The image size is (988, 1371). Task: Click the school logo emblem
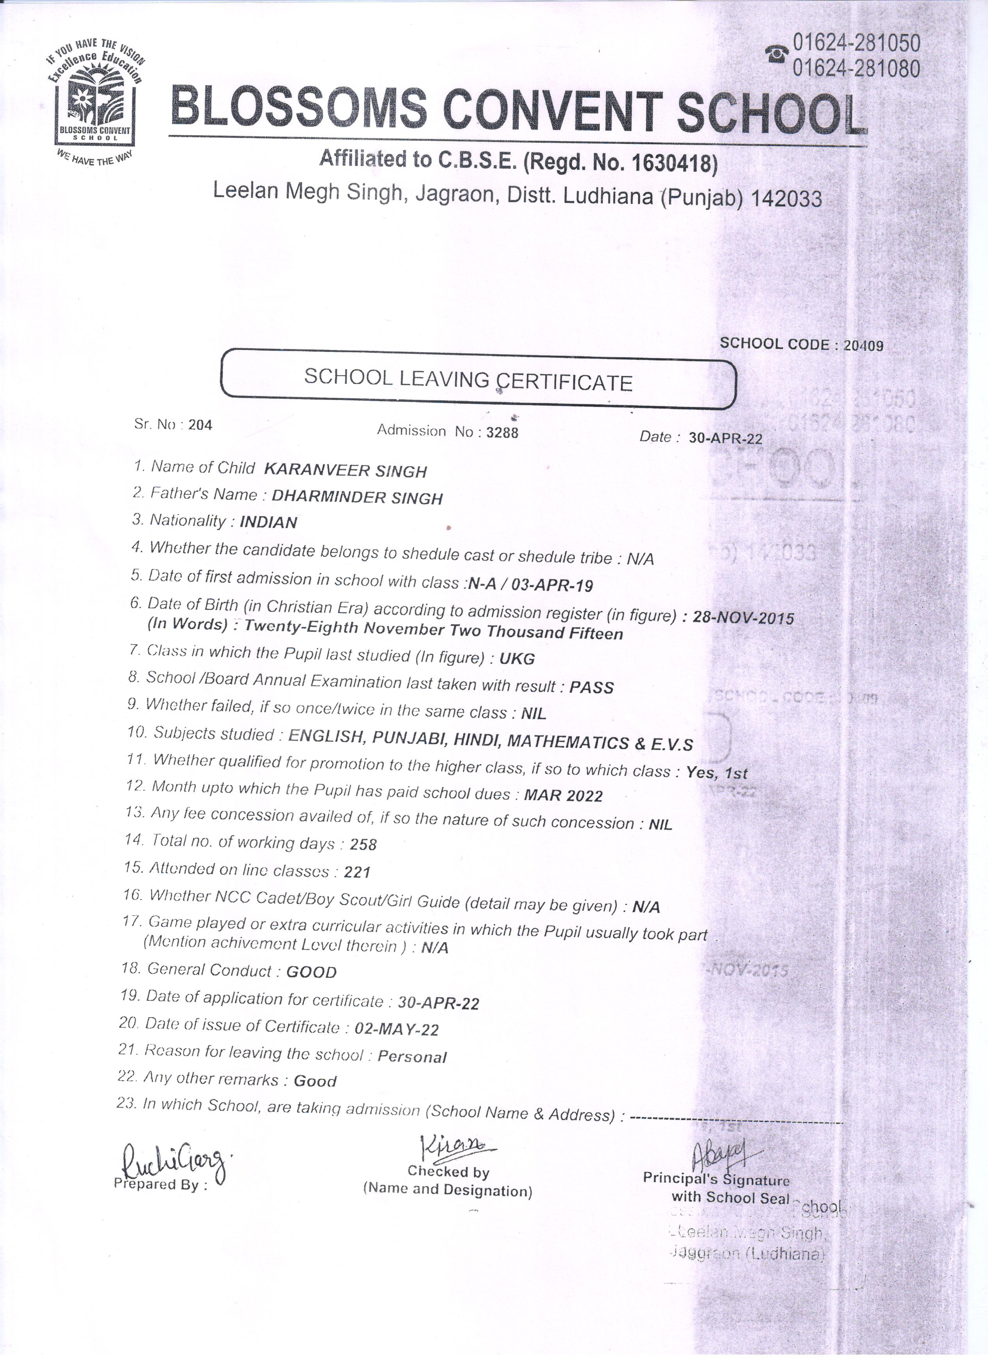click(95, 103)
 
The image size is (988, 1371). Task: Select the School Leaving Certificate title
click(468, 380)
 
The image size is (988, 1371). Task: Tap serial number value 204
click(200, 425)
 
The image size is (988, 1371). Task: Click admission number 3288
click(502, 432)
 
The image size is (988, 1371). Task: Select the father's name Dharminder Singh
click(357, 497)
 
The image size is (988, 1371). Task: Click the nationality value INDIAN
click(268, 522)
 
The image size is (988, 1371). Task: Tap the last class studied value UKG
click(517, 658)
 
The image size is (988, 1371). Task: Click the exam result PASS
click(592, 687)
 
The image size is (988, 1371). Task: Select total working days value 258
click(363, 844)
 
